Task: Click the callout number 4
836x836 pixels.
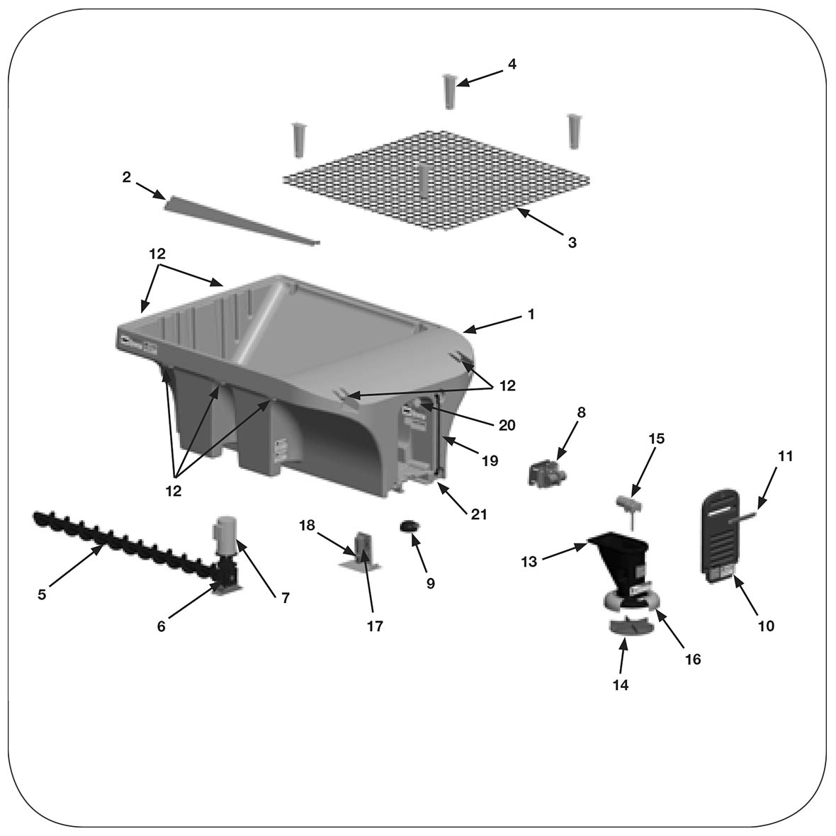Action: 512,64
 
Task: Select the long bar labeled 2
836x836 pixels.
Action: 241,221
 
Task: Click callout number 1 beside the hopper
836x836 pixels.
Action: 531,314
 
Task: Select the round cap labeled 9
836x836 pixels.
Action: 410,526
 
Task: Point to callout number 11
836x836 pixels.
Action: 785,456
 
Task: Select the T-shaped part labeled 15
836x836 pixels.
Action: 628,504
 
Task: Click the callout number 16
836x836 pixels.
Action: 693,660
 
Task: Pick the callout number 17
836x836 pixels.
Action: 374,626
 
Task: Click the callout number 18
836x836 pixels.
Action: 306,525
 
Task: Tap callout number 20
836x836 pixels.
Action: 507,425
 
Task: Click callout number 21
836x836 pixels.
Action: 479,514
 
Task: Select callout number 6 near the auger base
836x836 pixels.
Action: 162,626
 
